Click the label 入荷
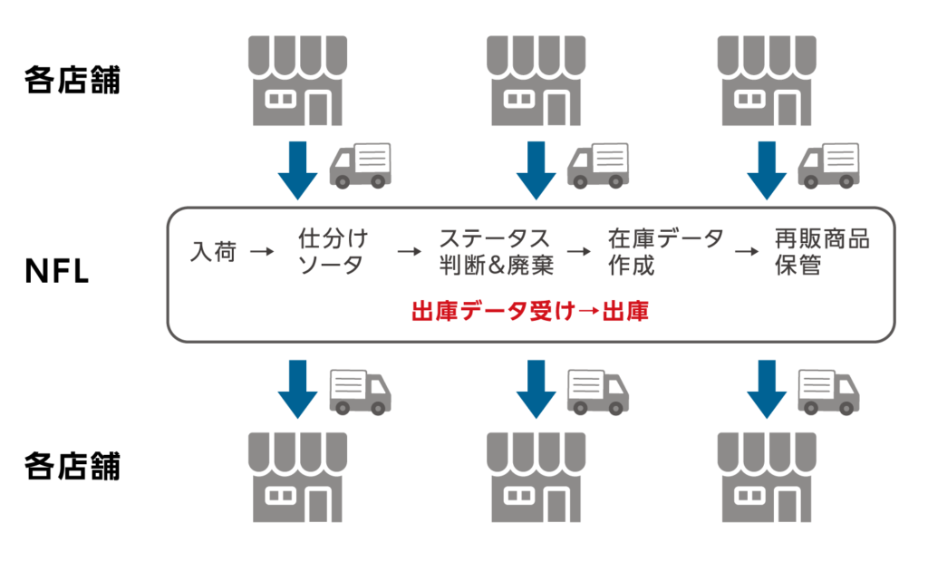pos(214,252)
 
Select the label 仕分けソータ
pos(333,252)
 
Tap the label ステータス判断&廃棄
pos(496,252)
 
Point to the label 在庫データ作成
pos(665,252)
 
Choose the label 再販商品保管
pos(821,252)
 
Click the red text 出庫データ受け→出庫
pos(530,313)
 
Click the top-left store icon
pos(297,82)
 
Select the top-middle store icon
pos(536,82)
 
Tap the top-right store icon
pos(767,82)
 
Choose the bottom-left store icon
pos(297,477)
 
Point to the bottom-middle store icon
pos(536,477)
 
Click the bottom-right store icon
pos(767,477)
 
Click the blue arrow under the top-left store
pos(297,170)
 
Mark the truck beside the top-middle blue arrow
pos(598,167)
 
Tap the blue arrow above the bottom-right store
pos(767,388)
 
